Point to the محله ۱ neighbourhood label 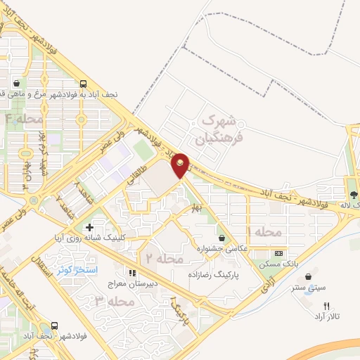[x=264, y=231]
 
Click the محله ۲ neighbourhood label [x=164, y=259]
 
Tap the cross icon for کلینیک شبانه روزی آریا [x=89, y=227]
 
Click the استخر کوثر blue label [x=77, y=269]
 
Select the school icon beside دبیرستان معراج [x=131, y=272]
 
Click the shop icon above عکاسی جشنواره [x=222, y=238]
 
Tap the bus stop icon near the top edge [x=84, y=82]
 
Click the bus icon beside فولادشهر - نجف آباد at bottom [x=54, y=326]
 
